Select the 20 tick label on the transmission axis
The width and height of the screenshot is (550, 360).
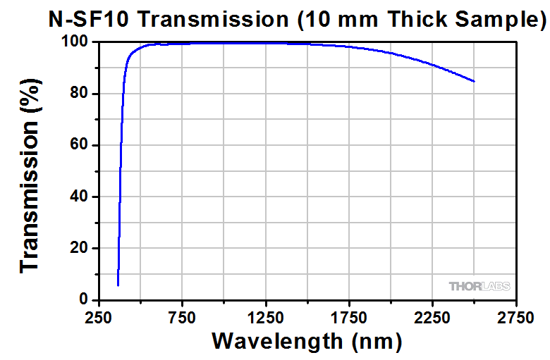coord(78,249)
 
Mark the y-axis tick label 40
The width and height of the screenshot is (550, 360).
coord(78,197)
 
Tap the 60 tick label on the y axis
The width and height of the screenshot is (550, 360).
coord(78,145)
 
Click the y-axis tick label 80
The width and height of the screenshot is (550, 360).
coord(78,94)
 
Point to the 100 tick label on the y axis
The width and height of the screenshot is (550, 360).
coord(74,42)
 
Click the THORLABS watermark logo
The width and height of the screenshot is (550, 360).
coord(479,286)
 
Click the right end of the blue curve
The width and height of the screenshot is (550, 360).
coord(474,81)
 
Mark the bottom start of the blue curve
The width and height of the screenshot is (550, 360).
coord(118,285)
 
